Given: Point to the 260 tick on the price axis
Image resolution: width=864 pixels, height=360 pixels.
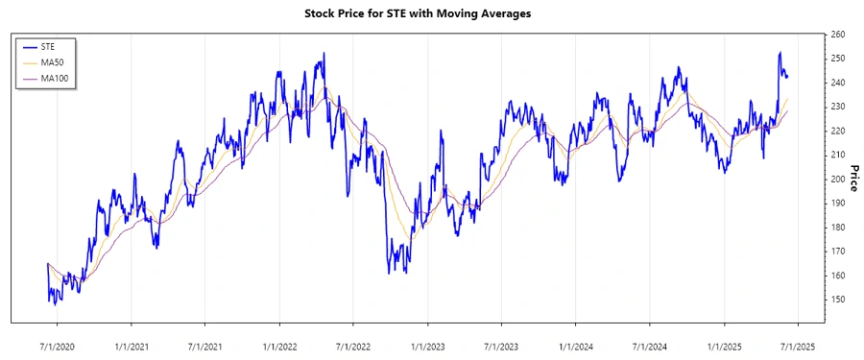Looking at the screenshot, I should pos(837,35).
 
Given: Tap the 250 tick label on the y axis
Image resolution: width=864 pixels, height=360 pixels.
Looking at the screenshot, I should pos(837,59).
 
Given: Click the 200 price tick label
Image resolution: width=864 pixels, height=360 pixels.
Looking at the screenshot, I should pos(837,179).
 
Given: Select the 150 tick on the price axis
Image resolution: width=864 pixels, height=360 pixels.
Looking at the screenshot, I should pos(837,300).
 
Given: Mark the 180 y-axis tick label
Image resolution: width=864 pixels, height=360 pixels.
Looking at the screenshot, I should pos(837,228).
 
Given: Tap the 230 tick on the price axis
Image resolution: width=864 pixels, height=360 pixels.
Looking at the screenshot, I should pos(837,107).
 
